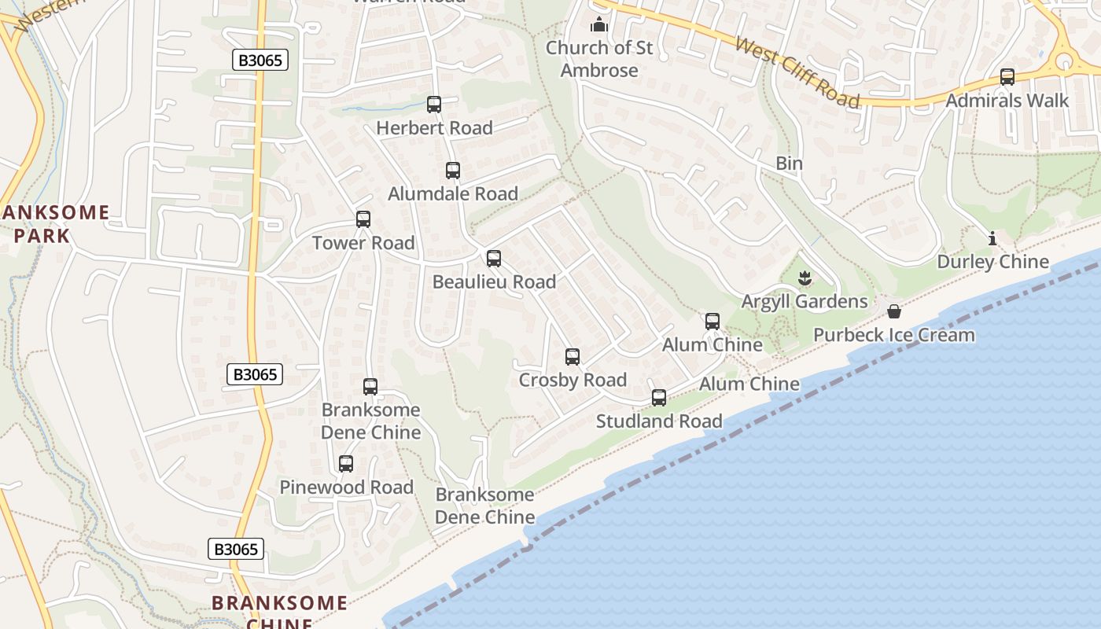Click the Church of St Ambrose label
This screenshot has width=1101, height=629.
(x=599, y=59)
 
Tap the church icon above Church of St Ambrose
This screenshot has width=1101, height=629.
(x=599, y=25)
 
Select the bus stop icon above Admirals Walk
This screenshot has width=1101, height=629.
(x=1007, y=77)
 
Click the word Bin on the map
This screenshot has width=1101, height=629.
(x=789, y=164)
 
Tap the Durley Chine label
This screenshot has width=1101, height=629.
(x=992, y=262)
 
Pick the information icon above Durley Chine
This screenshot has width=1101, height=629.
(x=992, y=238)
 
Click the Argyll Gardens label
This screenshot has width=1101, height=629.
(x=805, y=301)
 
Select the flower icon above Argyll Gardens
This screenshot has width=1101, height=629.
(x=805, y=278)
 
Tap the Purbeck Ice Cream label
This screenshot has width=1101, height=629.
(x=893, y=335)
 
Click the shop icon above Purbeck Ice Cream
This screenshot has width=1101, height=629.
(x=893, y=312)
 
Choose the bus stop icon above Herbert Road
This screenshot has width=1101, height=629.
(x=434, y=105)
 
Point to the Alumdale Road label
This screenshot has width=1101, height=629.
(x=453, y=193)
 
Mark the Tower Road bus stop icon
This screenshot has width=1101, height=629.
(x=363, y=219)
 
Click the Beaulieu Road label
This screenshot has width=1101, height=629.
(x=494, y=281)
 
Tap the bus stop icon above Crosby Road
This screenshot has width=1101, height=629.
(x=573, y=357)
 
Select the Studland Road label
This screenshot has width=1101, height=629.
(x=659, y=421)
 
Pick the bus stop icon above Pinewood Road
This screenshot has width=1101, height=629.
(x=346, y=464)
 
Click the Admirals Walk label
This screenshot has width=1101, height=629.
(x=1007, y=101)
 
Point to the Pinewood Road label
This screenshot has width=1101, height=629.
(x=346, y=487)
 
